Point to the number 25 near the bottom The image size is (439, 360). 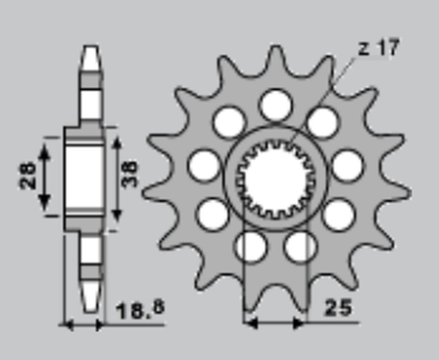[x=337, y=310]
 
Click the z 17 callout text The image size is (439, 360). [x=377, y=48]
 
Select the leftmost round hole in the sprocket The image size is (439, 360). [x=205, y=165]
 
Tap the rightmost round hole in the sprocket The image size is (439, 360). [x=346, y=165]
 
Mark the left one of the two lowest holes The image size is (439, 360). [x=250, y=245]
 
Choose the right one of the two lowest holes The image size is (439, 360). [x=300, y=245]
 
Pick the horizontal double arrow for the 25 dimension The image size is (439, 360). [x=274, y=322]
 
